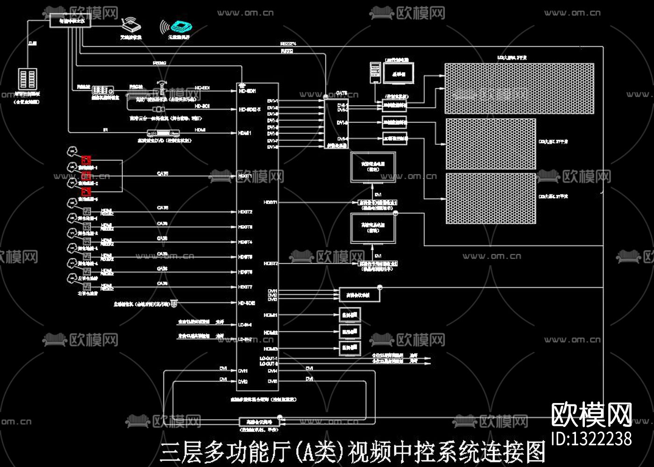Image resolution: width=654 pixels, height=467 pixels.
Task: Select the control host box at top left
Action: tap(70, 21)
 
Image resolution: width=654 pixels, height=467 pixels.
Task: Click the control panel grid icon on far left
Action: tap(28, 79)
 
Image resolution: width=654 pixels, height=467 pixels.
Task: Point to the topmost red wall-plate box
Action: tap(86, 160)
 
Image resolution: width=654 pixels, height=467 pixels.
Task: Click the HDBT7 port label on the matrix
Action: tap(245, 287)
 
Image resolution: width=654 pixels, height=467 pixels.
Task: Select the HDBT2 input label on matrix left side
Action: tap(245, 212)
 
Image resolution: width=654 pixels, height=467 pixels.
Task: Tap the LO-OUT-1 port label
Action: tap(269, 358)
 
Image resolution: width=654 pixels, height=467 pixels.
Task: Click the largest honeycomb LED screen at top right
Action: tap(519, 88)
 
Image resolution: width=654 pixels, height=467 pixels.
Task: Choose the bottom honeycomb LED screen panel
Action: tap(490, 198)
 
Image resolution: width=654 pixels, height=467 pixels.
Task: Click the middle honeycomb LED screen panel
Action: tap(490, 144)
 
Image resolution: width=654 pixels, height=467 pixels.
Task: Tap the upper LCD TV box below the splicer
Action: tap(373, 167)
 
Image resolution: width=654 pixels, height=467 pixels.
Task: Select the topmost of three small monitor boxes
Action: tap(350, 315)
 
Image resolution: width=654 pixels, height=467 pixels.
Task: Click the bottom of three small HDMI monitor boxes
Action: tap(350, 348)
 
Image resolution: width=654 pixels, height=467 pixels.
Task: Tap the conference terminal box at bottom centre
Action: tap(259, 422)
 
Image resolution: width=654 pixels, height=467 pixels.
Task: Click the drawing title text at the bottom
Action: tap(353, 452)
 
